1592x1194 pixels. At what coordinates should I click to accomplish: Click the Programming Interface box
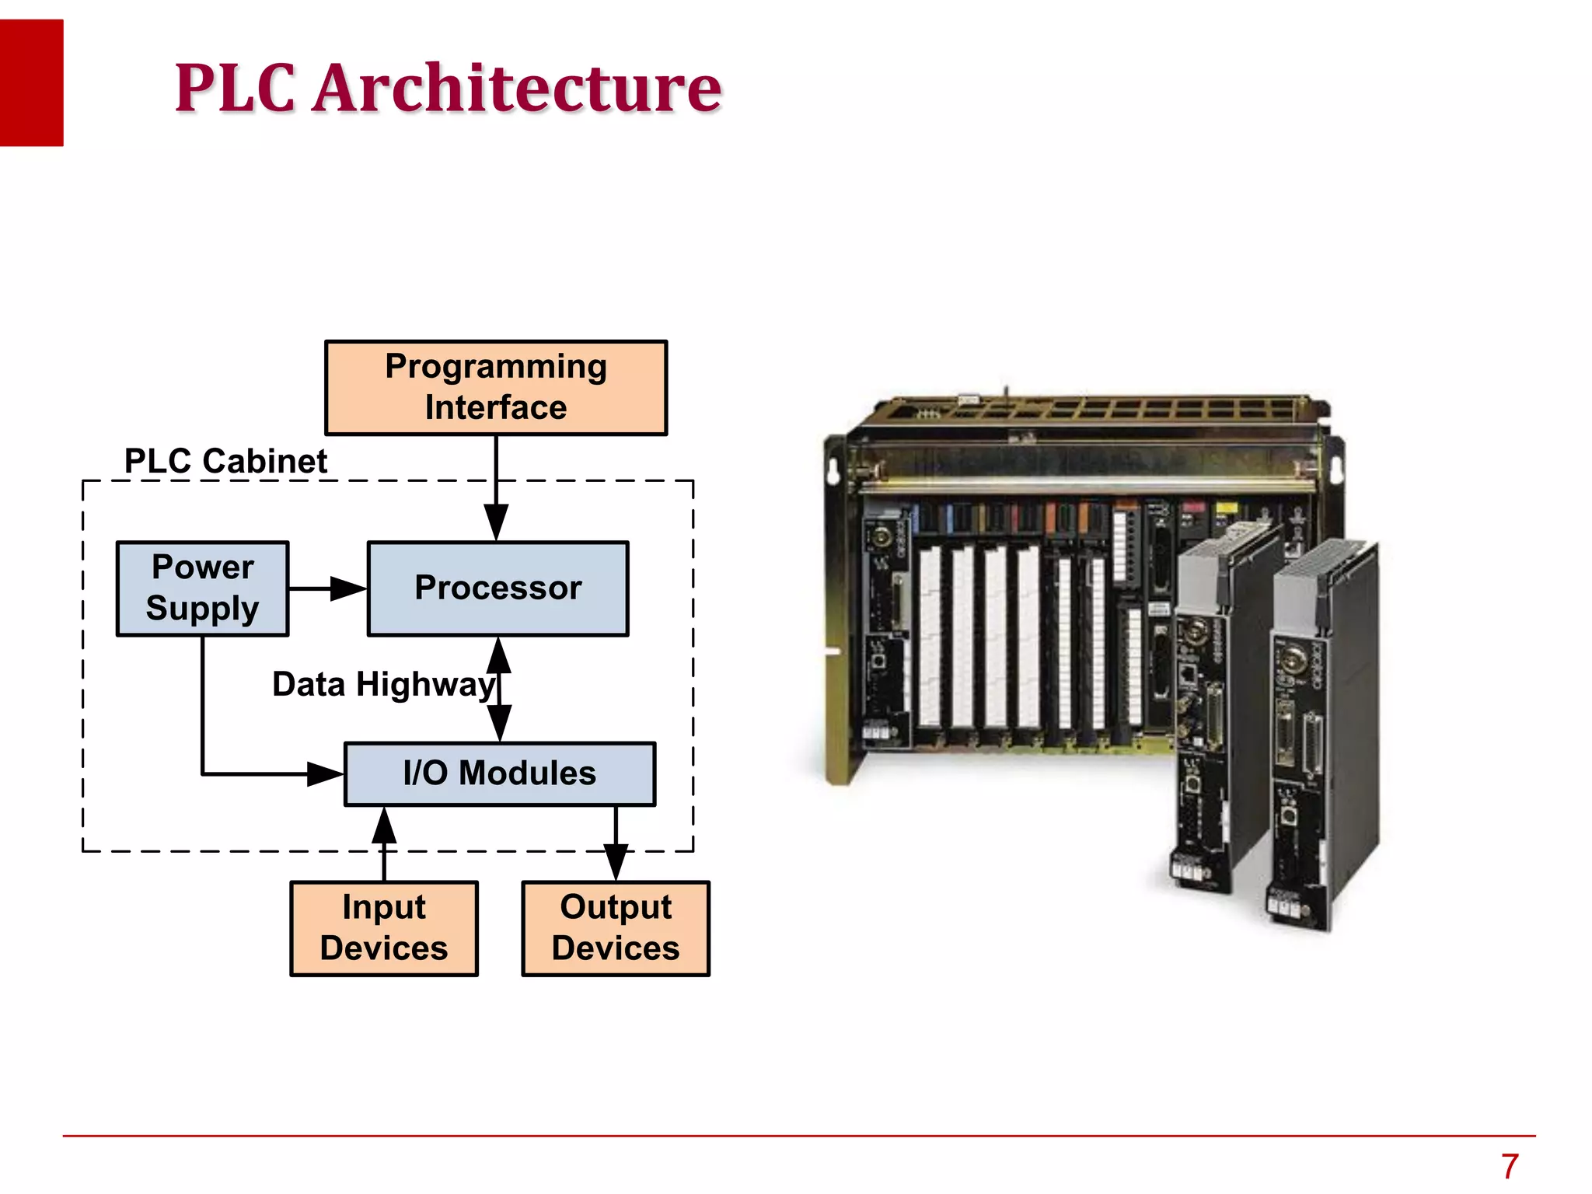pos(496,387)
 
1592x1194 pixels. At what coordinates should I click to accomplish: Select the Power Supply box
pos(202,588)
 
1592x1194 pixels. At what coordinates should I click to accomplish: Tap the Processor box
pos(497,588)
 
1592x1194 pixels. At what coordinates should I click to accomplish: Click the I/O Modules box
pos(500,773)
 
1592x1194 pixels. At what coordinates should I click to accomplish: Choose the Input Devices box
pos(384,928)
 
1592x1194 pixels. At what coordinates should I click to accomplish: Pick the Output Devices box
pos(616,928)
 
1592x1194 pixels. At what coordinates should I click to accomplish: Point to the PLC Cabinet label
pos(225,461)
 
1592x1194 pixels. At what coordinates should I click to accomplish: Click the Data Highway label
pos(382,685)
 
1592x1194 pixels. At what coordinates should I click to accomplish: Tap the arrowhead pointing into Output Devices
pos(616,861)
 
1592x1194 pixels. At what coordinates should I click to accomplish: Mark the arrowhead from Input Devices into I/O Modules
pos(384,826)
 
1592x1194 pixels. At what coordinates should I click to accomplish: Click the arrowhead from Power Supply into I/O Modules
pos(324,773)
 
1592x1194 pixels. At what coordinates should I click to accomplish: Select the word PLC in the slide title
pos(235,88)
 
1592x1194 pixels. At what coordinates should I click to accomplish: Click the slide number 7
pos(1510,1166)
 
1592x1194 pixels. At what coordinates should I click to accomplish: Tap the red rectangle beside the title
pos(31,82)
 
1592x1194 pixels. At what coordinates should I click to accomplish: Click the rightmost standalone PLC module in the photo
pos(1321,738)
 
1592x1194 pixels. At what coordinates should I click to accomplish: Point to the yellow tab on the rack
pos(1226,508)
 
